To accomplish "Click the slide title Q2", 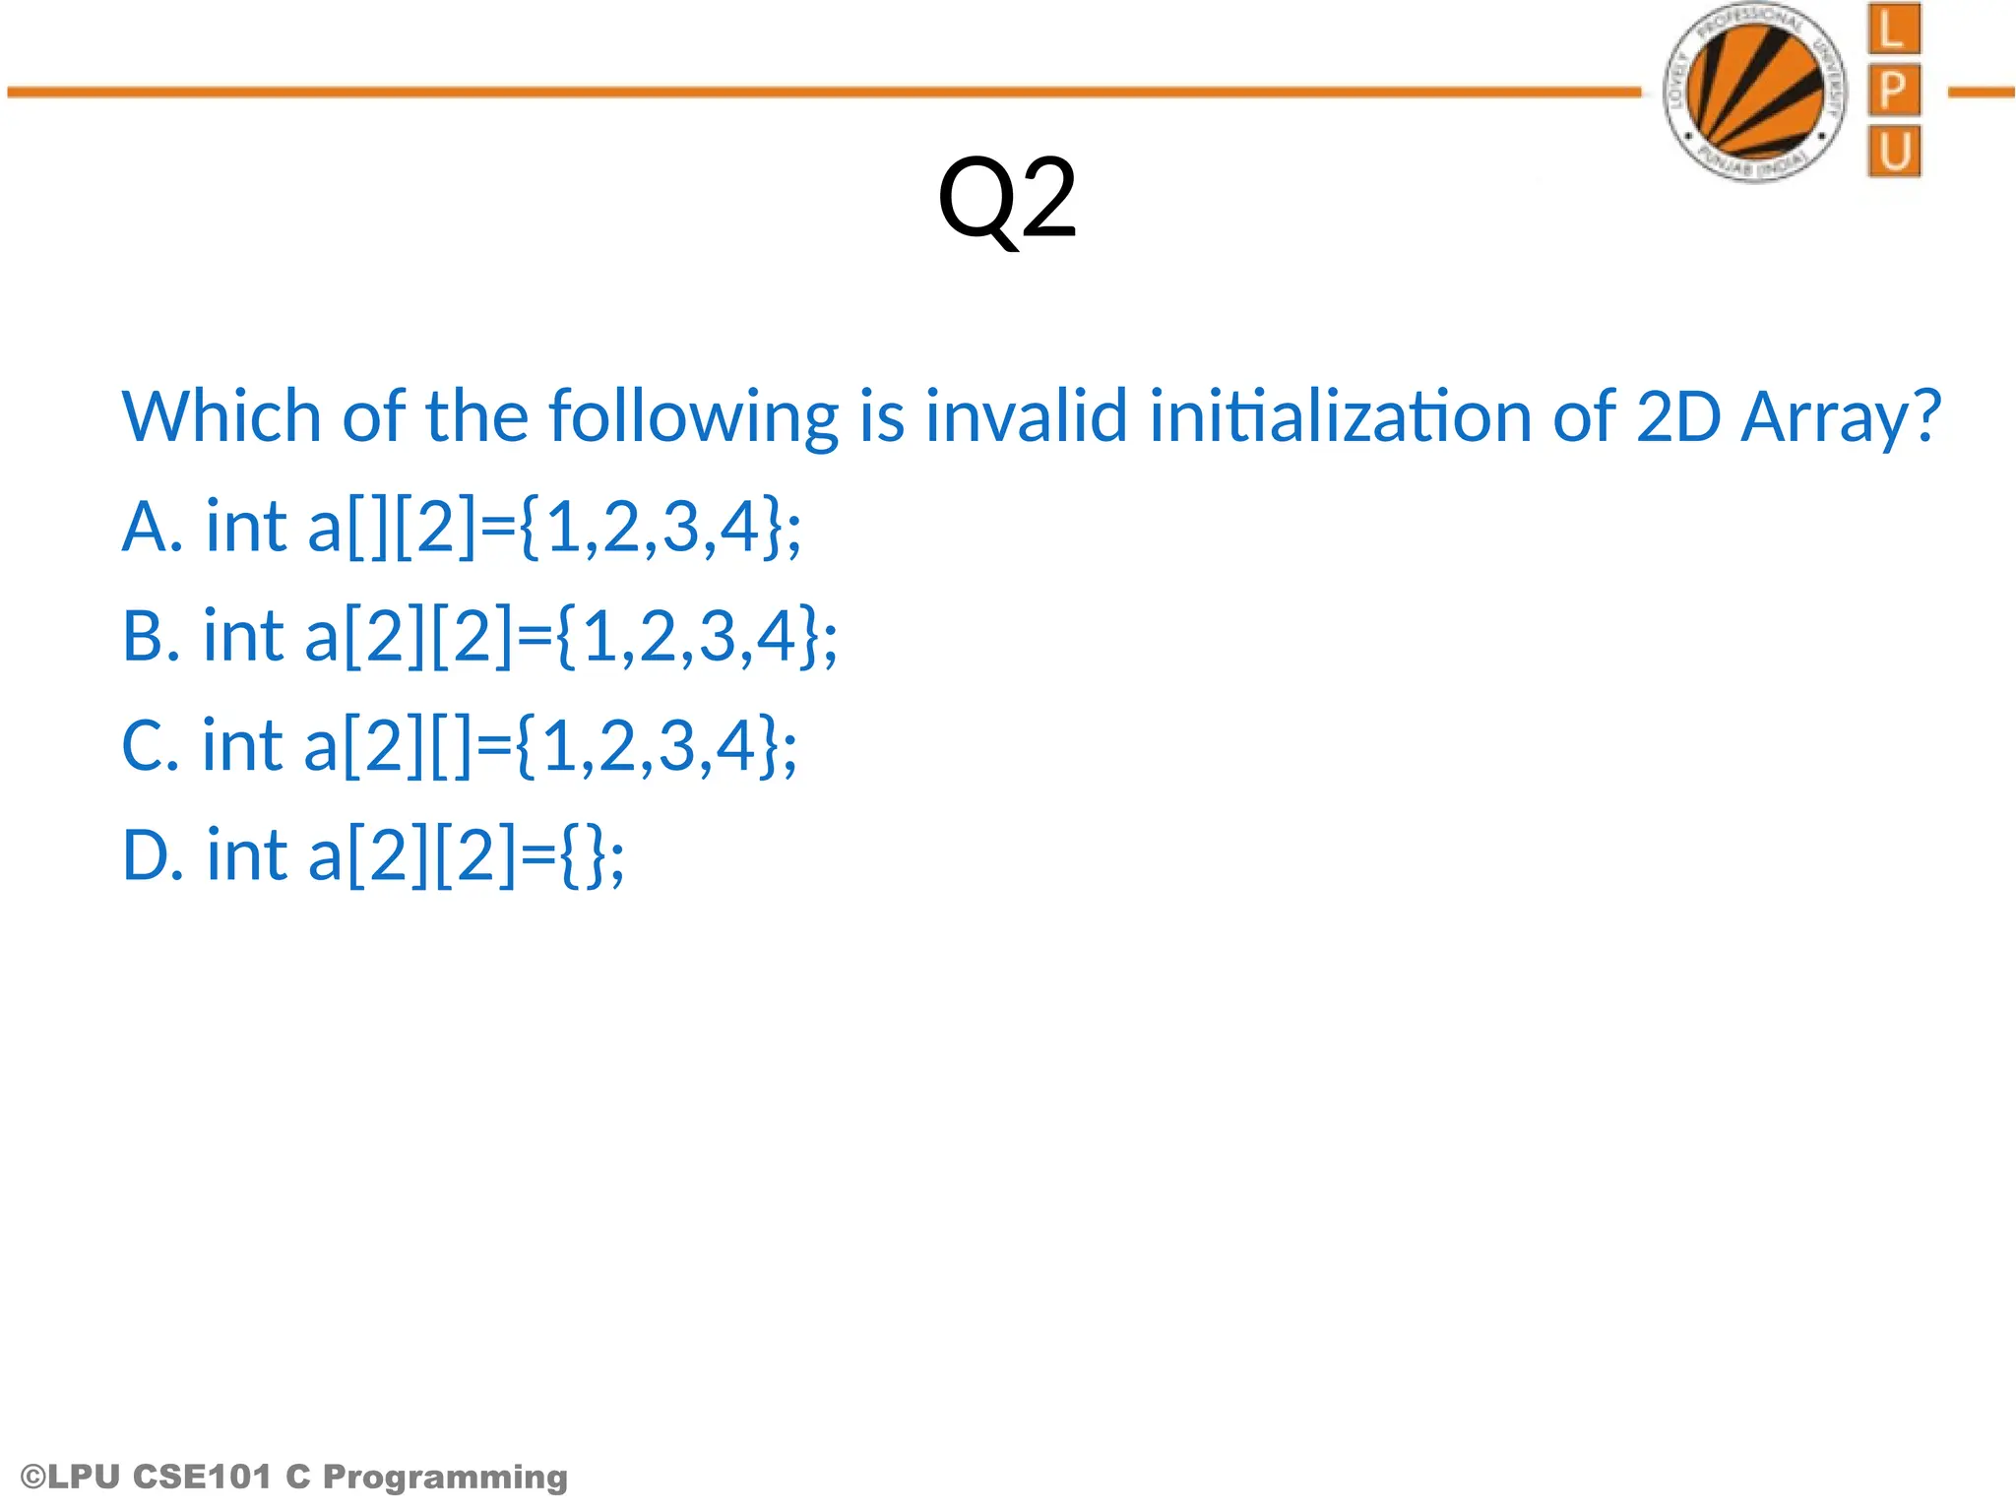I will [1007, 200].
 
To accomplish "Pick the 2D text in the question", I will [1677, 416].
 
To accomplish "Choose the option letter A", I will [145, 527].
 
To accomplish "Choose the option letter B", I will [144, 636].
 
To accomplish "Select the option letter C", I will [143, 745].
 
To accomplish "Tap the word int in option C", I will [242, 745].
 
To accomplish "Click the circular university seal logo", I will [1755, 93].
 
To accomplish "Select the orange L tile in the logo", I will [1893, 30].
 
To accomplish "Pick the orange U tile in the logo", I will [1894, 152].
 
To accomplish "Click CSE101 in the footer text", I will [202, 1477].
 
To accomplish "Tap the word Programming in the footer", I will [445, 1478].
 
